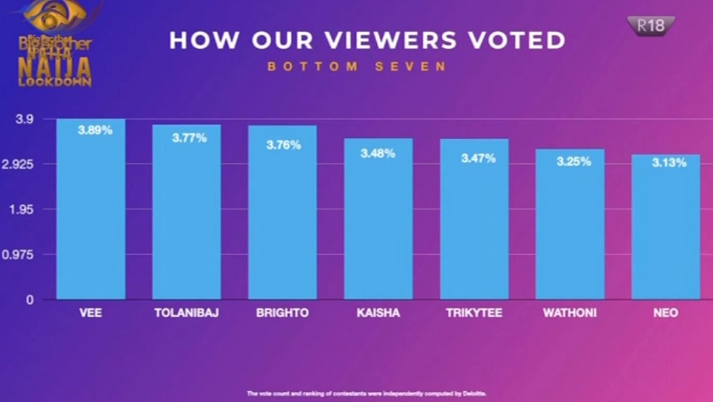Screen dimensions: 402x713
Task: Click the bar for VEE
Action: [91, 210]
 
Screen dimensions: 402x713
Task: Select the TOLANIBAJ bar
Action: [186, 213]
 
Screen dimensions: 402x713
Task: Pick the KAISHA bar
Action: [378, 219]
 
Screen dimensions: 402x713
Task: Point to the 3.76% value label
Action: [283, 145]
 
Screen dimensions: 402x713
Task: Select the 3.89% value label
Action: [95, 131]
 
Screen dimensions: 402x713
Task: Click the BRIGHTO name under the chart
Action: [282, 313]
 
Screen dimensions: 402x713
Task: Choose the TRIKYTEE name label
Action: [474, 313]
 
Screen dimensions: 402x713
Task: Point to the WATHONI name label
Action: [570, 313]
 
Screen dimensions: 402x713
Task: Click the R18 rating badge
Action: [651, 26]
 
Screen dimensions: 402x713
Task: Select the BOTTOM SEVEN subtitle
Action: [356, 67]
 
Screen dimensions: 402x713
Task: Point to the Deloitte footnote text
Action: [367, 393]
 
